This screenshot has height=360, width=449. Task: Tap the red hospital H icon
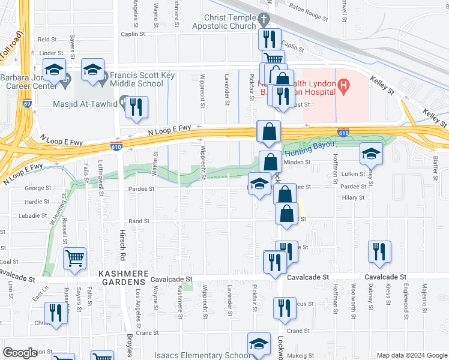(x=343, y=87)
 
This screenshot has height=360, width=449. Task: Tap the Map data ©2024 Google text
(x=411, y=355)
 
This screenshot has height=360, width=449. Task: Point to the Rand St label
(x=139, y=221)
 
